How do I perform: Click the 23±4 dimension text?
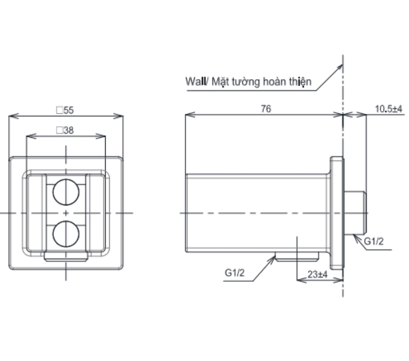(314, 274)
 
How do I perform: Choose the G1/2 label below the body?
(235, 273)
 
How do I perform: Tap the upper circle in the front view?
(65, 193)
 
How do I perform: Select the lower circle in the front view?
(65, 233)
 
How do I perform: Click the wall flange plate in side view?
(337, 213)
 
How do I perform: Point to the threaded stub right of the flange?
(356, 213)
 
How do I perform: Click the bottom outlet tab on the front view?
(65, 257)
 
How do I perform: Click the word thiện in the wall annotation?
(299, 81)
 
